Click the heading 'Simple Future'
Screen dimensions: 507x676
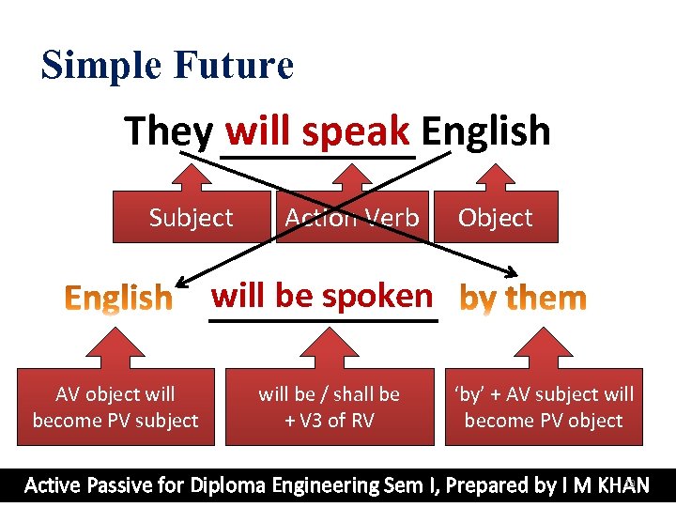click(167, 66)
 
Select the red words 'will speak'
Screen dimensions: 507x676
click(317, 131)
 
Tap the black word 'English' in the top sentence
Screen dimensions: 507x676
click(485, 131)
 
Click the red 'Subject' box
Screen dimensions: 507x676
click(191, 218)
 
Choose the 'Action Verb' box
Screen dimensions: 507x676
click(352, 218)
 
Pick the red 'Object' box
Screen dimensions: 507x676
click(495, 218)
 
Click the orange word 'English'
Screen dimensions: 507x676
click(118, 299)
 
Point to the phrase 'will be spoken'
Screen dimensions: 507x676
click(322, 296)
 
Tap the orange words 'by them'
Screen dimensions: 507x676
click(523, 299)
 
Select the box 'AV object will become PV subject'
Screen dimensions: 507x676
click(115, 407)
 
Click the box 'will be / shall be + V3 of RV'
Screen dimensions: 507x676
click(329, 407)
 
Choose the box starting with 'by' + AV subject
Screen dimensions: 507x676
click(544, 407)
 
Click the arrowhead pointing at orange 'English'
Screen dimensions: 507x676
click(181, 282)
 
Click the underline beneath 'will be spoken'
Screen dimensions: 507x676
click(323, 321)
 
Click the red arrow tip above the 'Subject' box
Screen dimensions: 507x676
click(191, 170)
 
